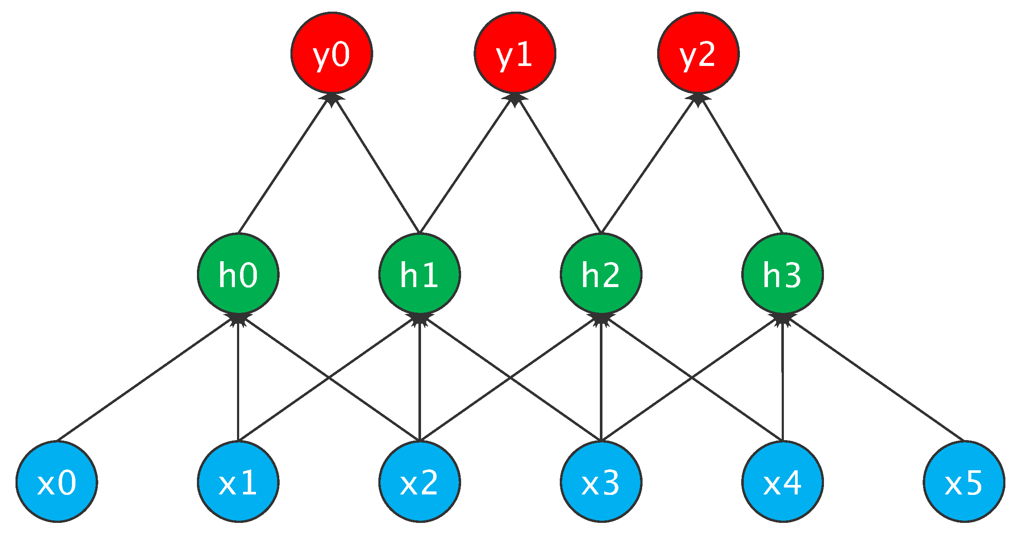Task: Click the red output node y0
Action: [x=331, y=53]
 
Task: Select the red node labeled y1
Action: [x=515, y=53]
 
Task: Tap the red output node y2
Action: [x=698, y=53]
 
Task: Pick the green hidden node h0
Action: [x=238, y=274]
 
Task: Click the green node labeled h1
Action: [x=420, y=274]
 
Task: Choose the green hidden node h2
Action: [x=601, y=274]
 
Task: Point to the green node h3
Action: [x=783, y=274]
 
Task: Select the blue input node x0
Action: [x=57, y=481]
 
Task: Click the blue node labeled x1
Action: [x=238, y=481]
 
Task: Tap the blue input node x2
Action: [x=420, y=481]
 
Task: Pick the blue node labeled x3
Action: [x=601, y=481]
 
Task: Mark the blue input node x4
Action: [x=783, y=481]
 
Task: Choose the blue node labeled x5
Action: [x=964, y=481]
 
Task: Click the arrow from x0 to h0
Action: [x=147, y=378]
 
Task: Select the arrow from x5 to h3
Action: [x=875, y=378]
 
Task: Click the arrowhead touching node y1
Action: [x=515, y=98]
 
